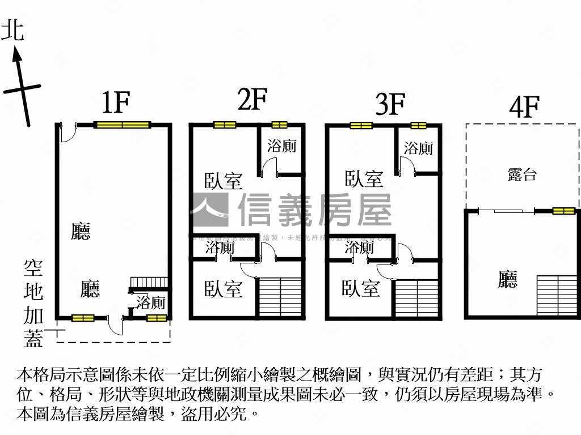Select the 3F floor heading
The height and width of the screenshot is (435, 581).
(x=390, y=104)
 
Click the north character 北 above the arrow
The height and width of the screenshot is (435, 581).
(x=13, y=31)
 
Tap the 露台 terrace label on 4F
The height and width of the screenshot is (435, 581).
(x=522, y=174)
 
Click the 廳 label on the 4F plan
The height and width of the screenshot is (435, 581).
(x=508, y=279)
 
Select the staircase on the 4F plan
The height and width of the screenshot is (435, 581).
(x=557, y=295)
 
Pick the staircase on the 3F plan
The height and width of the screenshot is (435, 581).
(x=417, y=298)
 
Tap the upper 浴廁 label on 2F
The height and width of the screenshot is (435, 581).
(x=282, y=146)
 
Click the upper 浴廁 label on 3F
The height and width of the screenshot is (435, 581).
(x=419, y=148)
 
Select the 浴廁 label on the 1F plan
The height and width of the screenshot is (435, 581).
(x=151, y=302)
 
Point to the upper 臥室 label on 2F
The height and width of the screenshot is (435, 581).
(x=223, y=181)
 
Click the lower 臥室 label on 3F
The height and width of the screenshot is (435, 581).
(x=360, y=288)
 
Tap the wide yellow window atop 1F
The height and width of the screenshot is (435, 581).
(x=122, y=125)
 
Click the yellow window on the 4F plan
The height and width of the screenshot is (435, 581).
(x=564, y=211)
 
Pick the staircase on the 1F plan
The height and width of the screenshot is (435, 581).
(x=149, y=283)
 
